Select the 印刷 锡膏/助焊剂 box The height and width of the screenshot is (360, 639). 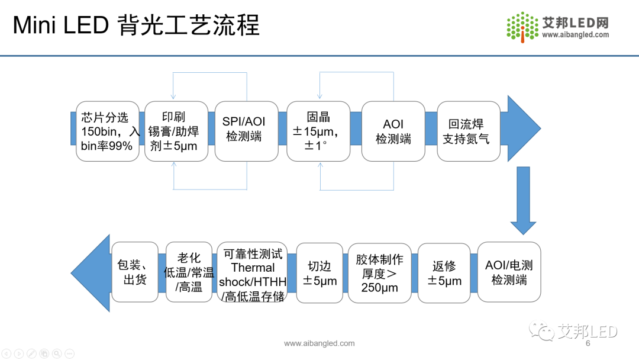[176, 131]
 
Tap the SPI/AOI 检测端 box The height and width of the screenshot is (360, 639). [246, 131]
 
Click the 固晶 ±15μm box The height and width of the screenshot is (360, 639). [318, 131]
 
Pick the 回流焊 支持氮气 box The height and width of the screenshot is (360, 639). [469, 131]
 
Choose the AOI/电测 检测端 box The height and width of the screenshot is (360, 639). [509, 272]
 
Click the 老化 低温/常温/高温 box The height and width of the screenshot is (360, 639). [189, 272]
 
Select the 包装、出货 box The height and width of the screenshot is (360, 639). [135, 272]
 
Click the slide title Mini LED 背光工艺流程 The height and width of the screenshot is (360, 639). [136, 25]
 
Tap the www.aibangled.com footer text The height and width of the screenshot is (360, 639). [319, 343]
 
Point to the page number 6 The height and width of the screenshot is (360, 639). [588, 343]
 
